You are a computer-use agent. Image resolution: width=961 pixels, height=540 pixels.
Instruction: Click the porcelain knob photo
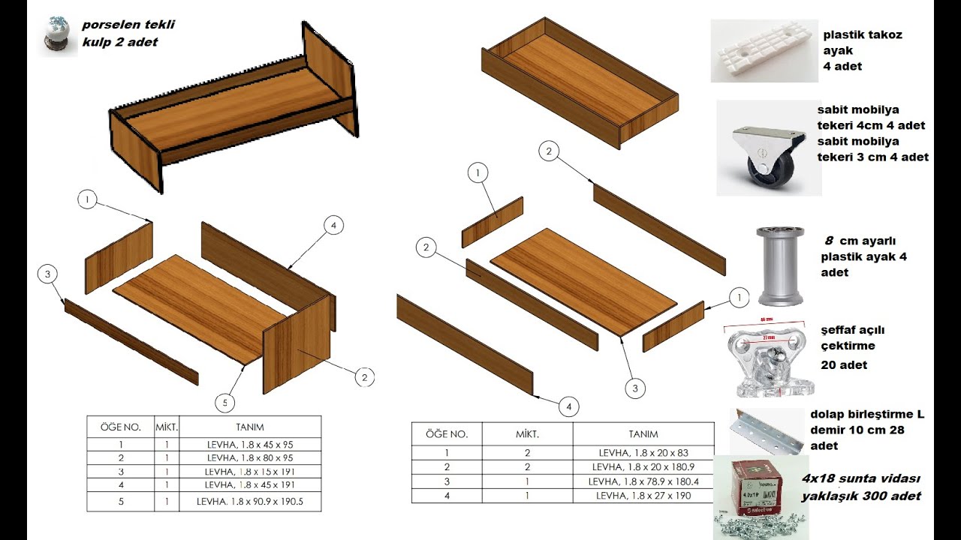click(57, 35)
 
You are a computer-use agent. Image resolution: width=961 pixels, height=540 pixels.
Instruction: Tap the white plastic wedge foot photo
click(764, 51)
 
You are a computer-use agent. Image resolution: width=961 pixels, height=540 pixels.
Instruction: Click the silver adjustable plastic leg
click(780, 266)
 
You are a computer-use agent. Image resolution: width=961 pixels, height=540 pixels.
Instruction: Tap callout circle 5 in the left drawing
click(224, 403)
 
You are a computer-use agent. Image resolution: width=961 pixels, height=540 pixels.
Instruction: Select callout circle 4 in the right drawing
click(569, 406)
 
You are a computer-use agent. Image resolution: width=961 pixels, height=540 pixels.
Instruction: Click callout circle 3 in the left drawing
click(47, 274)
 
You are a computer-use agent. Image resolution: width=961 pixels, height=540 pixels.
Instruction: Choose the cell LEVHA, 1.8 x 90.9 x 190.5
click(250, 501)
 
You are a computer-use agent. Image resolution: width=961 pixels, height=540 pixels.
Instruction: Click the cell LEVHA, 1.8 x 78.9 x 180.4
click(643, 481)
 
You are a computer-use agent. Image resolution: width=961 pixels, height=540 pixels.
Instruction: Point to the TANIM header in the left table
click(250, 427)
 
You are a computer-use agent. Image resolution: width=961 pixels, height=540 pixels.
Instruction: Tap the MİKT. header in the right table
click(527, 434)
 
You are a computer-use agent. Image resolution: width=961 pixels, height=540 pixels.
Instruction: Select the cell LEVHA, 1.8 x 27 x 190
click(643, 496)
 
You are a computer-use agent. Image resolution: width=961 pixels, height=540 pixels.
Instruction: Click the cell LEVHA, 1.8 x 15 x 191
click(250, 472)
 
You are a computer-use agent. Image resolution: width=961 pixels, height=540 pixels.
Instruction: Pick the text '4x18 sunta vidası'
click(861, 478)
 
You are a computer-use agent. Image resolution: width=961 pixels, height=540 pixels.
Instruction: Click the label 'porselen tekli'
click(128, 25)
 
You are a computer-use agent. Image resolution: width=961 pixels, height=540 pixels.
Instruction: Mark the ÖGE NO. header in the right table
click(447, 434)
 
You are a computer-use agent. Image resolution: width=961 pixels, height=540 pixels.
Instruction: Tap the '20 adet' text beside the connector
click(844, 364)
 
